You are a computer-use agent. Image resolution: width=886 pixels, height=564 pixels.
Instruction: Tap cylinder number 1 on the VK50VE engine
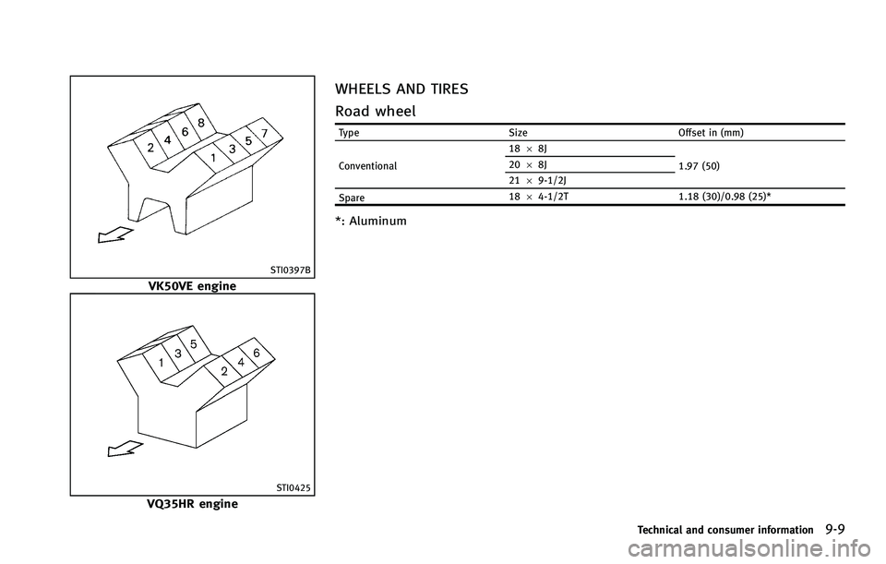214,158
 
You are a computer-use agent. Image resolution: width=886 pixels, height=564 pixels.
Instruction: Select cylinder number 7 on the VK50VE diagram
265,134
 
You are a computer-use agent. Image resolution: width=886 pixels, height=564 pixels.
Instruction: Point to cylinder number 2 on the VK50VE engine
150,146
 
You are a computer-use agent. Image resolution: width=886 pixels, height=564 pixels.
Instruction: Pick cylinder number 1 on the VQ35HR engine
162,364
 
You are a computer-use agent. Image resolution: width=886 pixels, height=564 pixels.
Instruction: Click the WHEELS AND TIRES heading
401,90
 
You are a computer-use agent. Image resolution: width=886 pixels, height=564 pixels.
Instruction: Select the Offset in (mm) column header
711,133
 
